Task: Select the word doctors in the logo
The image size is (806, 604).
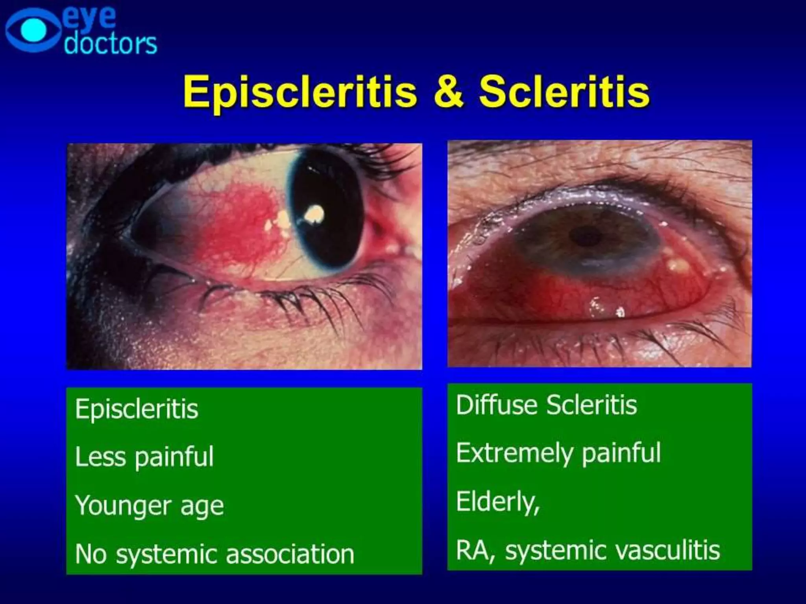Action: pos(111,44)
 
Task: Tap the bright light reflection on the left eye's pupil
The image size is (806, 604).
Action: pos(314,214)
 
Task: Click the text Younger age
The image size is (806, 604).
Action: pos(149,506)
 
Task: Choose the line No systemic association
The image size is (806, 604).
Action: pos(214,554)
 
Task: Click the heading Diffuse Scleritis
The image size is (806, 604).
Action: pos(546,405)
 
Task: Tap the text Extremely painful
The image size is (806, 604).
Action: pos(558,453)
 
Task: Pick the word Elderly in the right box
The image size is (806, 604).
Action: pos(497,502)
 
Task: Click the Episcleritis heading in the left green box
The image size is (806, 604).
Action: pos(137,409)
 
